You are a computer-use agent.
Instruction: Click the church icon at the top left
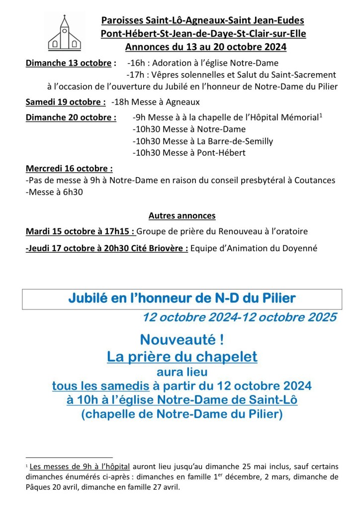(x=64, y=33)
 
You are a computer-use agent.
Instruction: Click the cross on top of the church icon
(x=64, y=18)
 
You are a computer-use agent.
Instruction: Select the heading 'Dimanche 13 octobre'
(x=69, y=63)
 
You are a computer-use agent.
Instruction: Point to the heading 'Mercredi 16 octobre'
(x=69, y=168)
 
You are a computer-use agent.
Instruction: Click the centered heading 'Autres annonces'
(x=182, y=215)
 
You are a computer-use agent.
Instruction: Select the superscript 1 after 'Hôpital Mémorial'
(x=321, y=116)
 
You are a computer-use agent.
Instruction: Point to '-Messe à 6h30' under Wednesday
(x=54, y=192)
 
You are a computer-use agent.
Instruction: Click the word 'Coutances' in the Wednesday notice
(x=316, y=180)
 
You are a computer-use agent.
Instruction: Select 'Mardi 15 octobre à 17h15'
(x=79, y=231)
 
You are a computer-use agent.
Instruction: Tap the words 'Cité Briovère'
(x=162, y=248)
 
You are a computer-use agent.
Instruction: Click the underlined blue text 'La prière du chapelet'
(x=182, y=356)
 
